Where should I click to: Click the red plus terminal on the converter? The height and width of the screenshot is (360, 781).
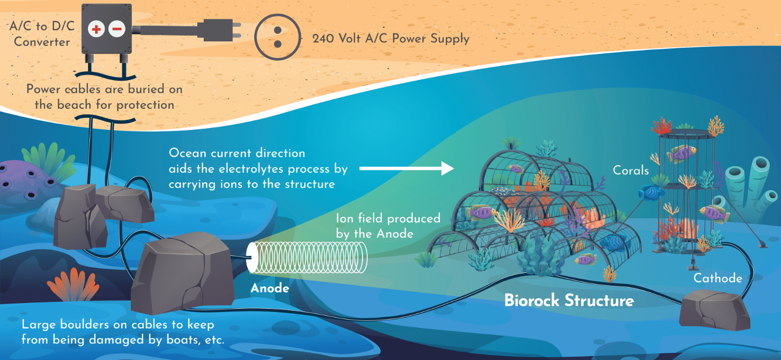(x=96, y=29)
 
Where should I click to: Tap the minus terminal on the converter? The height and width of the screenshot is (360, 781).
(x=117, y=29)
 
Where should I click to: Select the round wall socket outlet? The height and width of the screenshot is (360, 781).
(x=277, y=37)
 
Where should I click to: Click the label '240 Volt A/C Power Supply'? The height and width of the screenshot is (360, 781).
(x=391, y=39)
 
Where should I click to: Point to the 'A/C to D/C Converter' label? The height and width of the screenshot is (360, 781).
(x=42, y=34)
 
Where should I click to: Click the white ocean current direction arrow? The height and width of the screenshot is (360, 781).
(x=406, y=168)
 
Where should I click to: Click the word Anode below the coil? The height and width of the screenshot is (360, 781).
(x=270, y=288)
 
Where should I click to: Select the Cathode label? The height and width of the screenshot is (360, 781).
(x=717, y=278)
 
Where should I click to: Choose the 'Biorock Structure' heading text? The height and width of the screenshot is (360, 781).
(x=569, y=300)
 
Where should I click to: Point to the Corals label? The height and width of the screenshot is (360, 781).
(x=630, y=170)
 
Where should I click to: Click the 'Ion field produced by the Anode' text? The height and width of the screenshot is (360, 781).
(x=388, y=226)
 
